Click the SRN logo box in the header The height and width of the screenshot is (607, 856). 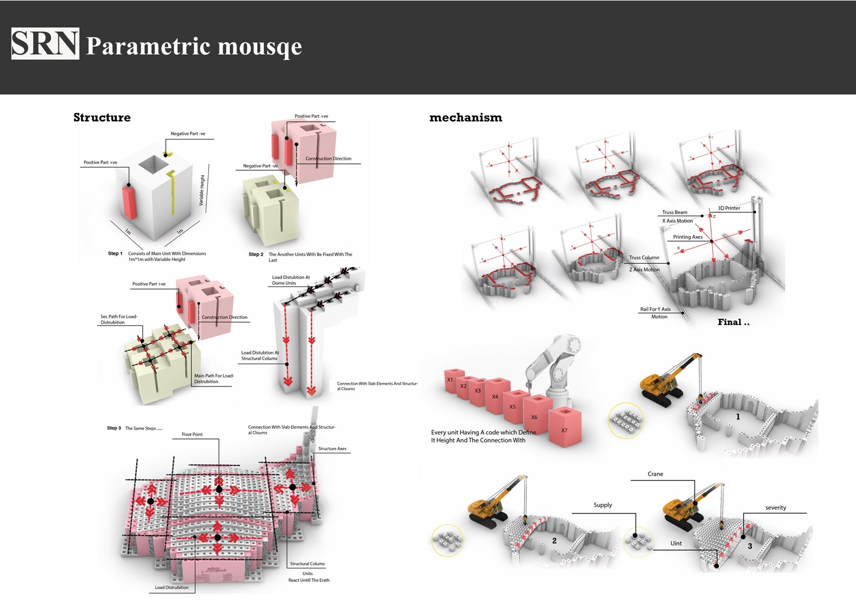45,44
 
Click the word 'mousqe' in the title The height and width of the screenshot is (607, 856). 259,47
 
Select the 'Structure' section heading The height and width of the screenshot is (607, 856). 102,118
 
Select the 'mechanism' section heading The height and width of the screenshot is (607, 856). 465,118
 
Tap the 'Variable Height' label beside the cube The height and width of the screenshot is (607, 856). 202,190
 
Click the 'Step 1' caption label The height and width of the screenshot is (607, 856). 115,254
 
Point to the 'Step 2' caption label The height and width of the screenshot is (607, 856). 256,254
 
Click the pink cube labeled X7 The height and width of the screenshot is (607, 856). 565,426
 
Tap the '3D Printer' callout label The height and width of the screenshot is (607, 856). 728,208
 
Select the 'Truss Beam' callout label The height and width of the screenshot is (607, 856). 674,212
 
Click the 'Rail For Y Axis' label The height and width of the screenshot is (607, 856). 655,309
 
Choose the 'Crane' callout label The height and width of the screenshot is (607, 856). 655,474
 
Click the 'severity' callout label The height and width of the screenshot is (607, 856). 775,508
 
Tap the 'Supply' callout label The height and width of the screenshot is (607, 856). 603,505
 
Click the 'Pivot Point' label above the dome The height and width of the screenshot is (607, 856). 192,435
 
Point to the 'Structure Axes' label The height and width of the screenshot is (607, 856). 332,449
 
